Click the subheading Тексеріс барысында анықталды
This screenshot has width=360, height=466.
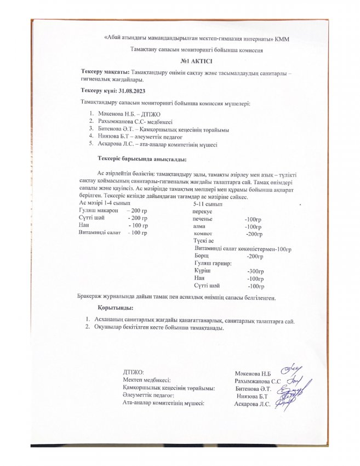[142, 160]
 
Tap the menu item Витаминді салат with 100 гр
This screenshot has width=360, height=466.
[99, 232]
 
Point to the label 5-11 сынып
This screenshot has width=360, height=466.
[201, 203]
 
